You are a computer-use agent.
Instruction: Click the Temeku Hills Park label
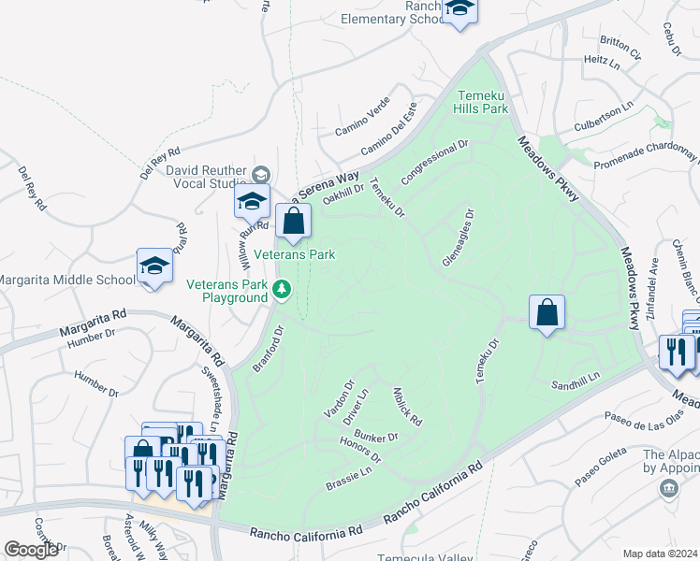(482, 102)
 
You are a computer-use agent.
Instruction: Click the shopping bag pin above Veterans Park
(293, 223)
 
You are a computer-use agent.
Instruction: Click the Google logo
(31, 550)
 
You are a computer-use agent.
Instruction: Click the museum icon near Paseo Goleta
(668, 488)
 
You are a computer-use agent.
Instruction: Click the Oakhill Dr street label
(342, 194)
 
